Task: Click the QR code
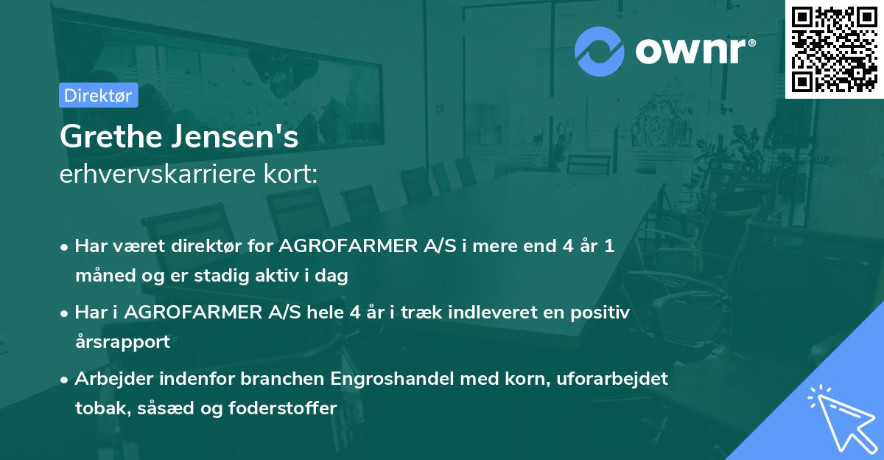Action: pos(834,49)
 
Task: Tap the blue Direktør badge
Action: pos(98,95)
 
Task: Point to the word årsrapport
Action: pos(122,342)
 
